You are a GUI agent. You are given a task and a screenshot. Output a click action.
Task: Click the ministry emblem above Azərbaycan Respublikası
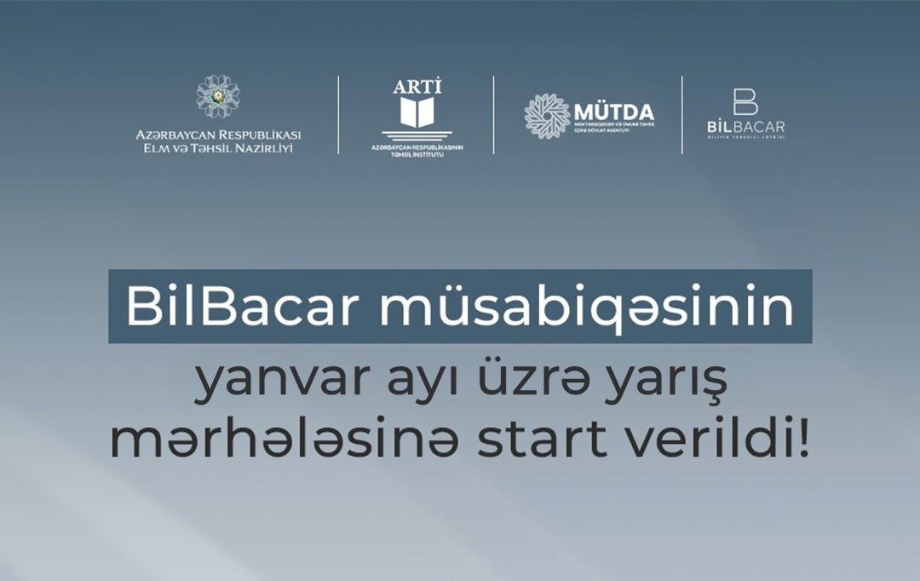tap(218, 95)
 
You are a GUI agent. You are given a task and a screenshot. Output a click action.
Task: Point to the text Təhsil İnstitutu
tap(417, 155)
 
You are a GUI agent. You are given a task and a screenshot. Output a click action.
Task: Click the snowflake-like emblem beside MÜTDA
tap(547, 116)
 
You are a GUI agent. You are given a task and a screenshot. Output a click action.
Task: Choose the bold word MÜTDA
tap(613, 112)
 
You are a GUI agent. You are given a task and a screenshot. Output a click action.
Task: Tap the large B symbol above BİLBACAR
tap(745, 101)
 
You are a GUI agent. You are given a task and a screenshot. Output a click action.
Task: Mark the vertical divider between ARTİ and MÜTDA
tap(494, 115)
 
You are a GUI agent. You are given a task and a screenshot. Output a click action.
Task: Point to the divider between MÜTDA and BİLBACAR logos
tap(682, 115)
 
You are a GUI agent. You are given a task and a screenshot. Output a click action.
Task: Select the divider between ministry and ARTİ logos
tap(338, 115)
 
